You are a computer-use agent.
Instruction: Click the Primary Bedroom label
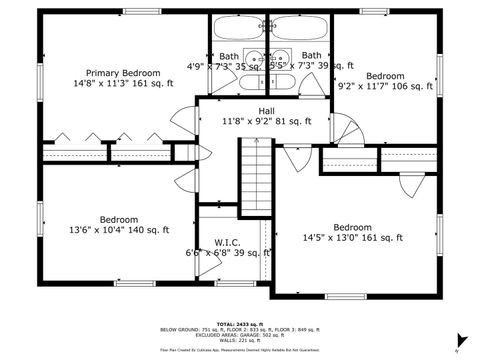point(122,73)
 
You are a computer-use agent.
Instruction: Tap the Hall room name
point(267,111)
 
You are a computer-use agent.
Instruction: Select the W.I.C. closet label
point(227,242)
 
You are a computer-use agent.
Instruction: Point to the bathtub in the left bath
point(238,28)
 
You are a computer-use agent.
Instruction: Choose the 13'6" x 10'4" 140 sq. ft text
point(118,230)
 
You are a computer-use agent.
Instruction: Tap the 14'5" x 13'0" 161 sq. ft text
point(352,238)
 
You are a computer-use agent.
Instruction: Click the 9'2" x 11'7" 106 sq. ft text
point(385,87)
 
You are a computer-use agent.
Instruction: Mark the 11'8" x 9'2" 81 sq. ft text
point(267,122)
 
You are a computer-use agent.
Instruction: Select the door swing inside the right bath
point(312,83)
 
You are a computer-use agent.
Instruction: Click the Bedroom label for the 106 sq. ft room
point(385,76)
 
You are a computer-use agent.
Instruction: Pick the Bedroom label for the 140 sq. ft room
point(118,219)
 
